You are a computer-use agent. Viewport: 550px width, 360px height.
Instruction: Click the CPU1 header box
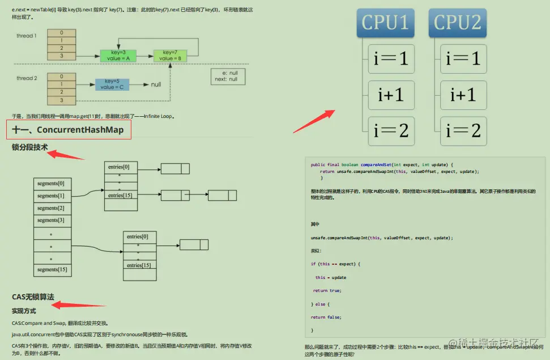click(x=385, y=23)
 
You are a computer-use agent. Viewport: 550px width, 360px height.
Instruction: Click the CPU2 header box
click(x=457, y=23)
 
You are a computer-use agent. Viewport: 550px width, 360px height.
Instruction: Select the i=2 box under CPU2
click(x=463, y=130)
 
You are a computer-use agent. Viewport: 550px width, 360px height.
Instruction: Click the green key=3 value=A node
click(x=118, y=56)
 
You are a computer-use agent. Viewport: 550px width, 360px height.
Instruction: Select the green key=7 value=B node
click(x=170, y=56)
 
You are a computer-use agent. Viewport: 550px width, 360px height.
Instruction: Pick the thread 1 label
click(x=26, y=36)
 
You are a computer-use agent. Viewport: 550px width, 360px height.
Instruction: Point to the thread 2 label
click(x=26, y=78)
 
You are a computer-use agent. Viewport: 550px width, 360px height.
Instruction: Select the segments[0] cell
click(x=53, y=183)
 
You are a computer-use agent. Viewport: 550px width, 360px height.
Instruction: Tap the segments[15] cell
click(x=53, y=269)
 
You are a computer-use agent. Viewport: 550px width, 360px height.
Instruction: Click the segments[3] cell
click(x=53, y=220)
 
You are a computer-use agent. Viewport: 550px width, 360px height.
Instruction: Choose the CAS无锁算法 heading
click(x=33, y=297)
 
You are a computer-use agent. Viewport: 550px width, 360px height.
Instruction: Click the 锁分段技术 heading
click(x=29, y=147)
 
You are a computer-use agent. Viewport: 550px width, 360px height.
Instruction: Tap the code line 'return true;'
click(x=327, y=290)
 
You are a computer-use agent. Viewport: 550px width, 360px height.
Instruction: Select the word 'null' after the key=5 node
click(x=156, y=84)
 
